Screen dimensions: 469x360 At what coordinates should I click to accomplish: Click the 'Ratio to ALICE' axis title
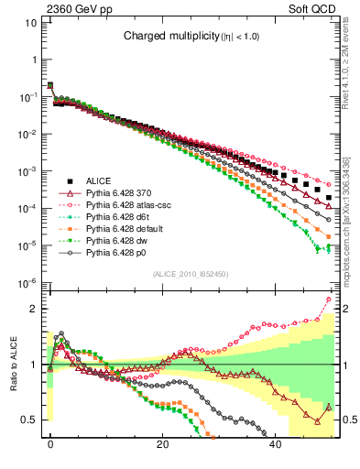[x=14, y=365]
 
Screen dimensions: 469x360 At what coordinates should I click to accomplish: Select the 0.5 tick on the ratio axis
[x=30, y=420]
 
